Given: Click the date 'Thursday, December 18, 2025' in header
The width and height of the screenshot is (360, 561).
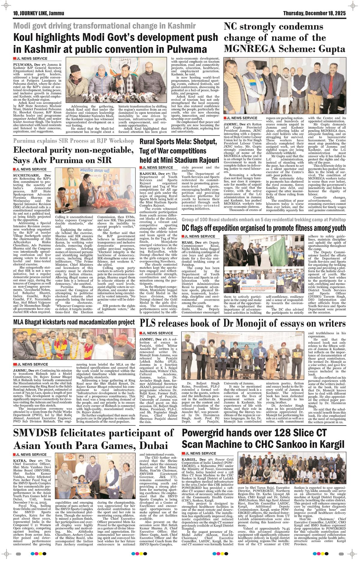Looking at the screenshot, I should tap(314, 13).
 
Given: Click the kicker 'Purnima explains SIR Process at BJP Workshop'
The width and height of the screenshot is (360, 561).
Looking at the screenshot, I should tap(73, 141).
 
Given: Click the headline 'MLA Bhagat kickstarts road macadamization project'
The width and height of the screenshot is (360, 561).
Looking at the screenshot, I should tap(74, 322).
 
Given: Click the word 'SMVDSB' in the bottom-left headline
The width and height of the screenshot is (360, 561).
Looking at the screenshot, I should tap(37, 433).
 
